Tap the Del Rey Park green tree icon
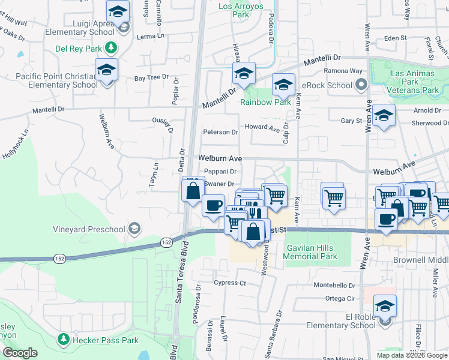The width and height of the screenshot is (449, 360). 110,47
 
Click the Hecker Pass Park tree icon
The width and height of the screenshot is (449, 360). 63,340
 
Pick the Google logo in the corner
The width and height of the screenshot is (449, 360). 20,353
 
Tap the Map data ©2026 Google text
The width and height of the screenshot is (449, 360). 412,355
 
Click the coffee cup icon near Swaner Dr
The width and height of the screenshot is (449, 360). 213,205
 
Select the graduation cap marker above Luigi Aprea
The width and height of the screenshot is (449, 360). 118,11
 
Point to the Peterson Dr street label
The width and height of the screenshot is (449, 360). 220,132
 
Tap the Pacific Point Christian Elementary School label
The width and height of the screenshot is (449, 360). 57,80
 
